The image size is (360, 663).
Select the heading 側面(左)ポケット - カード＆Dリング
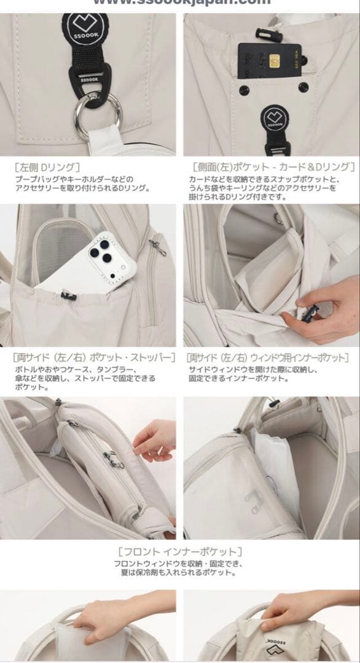pyautogui.click(x=272, y=166)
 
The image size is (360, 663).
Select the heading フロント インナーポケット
pyautogui.click(x=179, y=551)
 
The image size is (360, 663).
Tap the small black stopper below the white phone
pyautogui.click(x=69, y=297)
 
